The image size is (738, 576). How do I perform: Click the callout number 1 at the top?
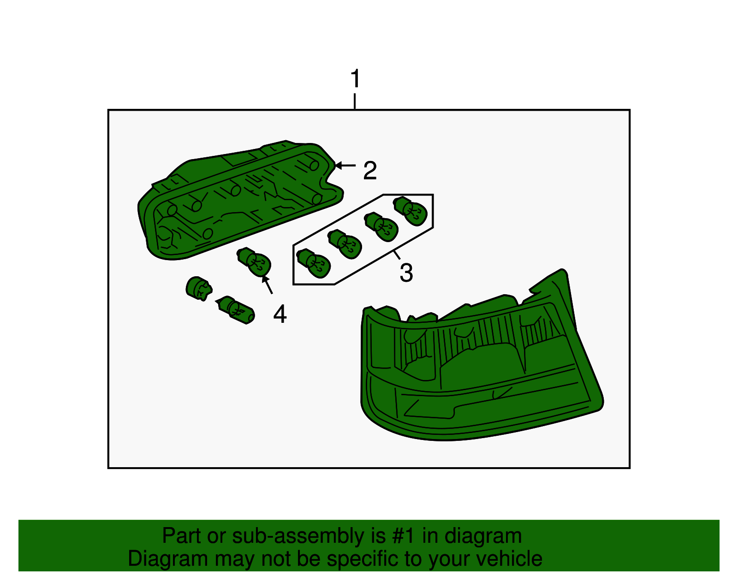(x=354, y=79)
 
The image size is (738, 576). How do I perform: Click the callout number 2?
(x=370, y=170)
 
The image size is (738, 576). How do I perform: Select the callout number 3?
(x=406, y=272)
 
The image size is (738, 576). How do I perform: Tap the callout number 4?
(x=280, y=314)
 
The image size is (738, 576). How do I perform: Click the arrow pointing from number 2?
(x=345, y=165)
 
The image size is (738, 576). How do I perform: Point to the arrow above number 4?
(x=268, y=285)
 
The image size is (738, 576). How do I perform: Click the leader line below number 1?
(x=354, y=101)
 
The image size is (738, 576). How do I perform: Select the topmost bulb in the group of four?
(x=411, y=211)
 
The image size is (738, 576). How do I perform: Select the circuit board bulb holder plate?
(x=240, y=198)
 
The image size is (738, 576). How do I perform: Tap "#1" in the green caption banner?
(x=405, y=536)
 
